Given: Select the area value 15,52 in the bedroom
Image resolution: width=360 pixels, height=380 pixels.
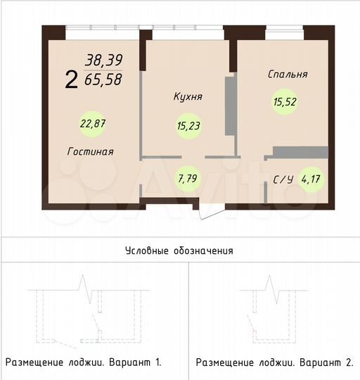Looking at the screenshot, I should click(283, 101).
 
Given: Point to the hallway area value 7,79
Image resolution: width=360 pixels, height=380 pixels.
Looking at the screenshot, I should click(188, 178).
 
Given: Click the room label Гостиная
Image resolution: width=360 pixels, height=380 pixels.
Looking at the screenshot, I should click(91, 151).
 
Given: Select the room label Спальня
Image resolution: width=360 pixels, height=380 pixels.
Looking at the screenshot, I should click(288, 73).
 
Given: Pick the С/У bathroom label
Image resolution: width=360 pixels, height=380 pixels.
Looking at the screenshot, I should click(283, 179).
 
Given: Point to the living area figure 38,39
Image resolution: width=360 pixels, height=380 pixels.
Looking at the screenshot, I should click(103, 61).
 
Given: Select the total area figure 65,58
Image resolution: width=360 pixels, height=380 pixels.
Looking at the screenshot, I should click(103, 80).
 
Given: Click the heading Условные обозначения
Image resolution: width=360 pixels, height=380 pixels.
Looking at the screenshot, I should click(179, 250).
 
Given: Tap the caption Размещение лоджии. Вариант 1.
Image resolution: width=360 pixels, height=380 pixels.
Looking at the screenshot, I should click(84, 362).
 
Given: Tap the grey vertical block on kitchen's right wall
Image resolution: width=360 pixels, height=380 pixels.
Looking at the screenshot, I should click(229, 105).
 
